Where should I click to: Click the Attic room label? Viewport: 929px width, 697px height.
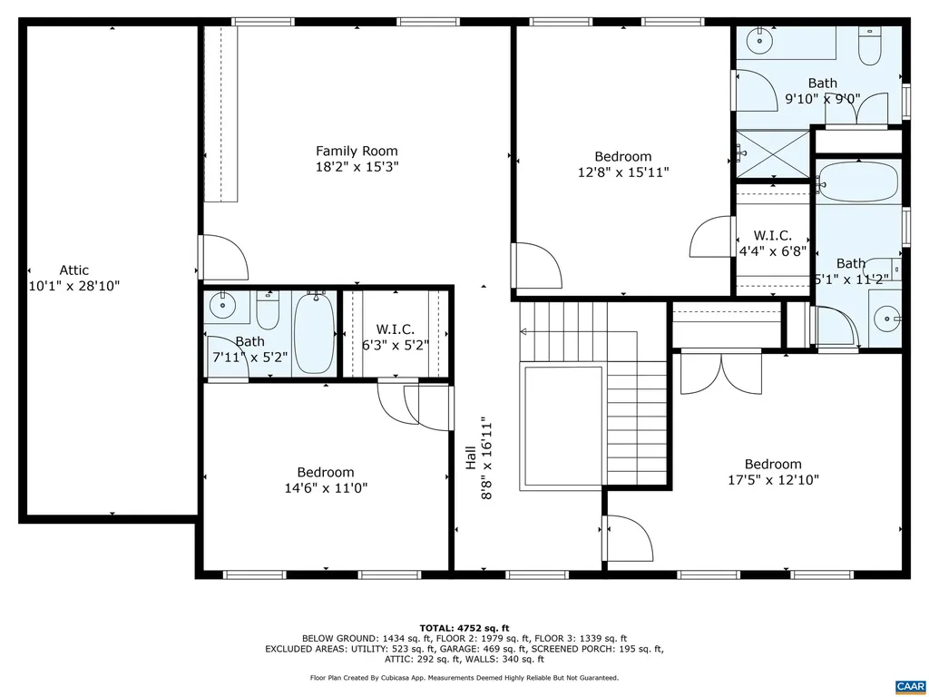[73, 270]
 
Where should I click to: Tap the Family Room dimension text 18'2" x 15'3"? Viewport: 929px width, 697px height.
[357, 167]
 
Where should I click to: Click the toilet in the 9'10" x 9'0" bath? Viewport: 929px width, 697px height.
[869, 45]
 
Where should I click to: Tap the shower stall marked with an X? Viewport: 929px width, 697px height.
[771, 153]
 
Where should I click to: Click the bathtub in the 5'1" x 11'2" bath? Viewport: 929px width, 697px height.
[856, 182]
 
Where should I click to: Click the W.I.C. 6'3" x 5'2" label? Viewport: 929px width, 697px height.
[395, 337]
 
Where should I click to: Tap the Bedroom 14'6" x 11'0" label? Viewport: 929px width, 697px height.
[326, 480]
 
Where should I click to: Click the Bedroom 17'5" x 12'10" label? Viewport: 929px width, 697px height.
[773, 472]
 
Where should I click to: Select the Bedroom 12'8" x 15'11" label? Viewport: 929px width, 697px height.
[622, 163]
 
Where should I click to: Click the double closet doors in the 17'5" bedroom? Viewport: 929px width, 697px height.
[720, 373]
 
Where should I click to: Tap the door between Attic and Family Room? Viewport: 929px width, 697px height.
[221, 258]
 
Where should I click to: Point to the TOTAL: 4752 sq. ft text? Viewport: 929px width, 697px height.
[464, 628]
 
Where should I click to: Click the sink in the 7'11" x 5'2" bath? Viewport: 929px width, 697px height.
[220, 305]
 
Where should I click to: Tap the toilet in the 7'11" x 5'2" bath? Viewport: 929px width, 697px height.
[268, 311]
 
